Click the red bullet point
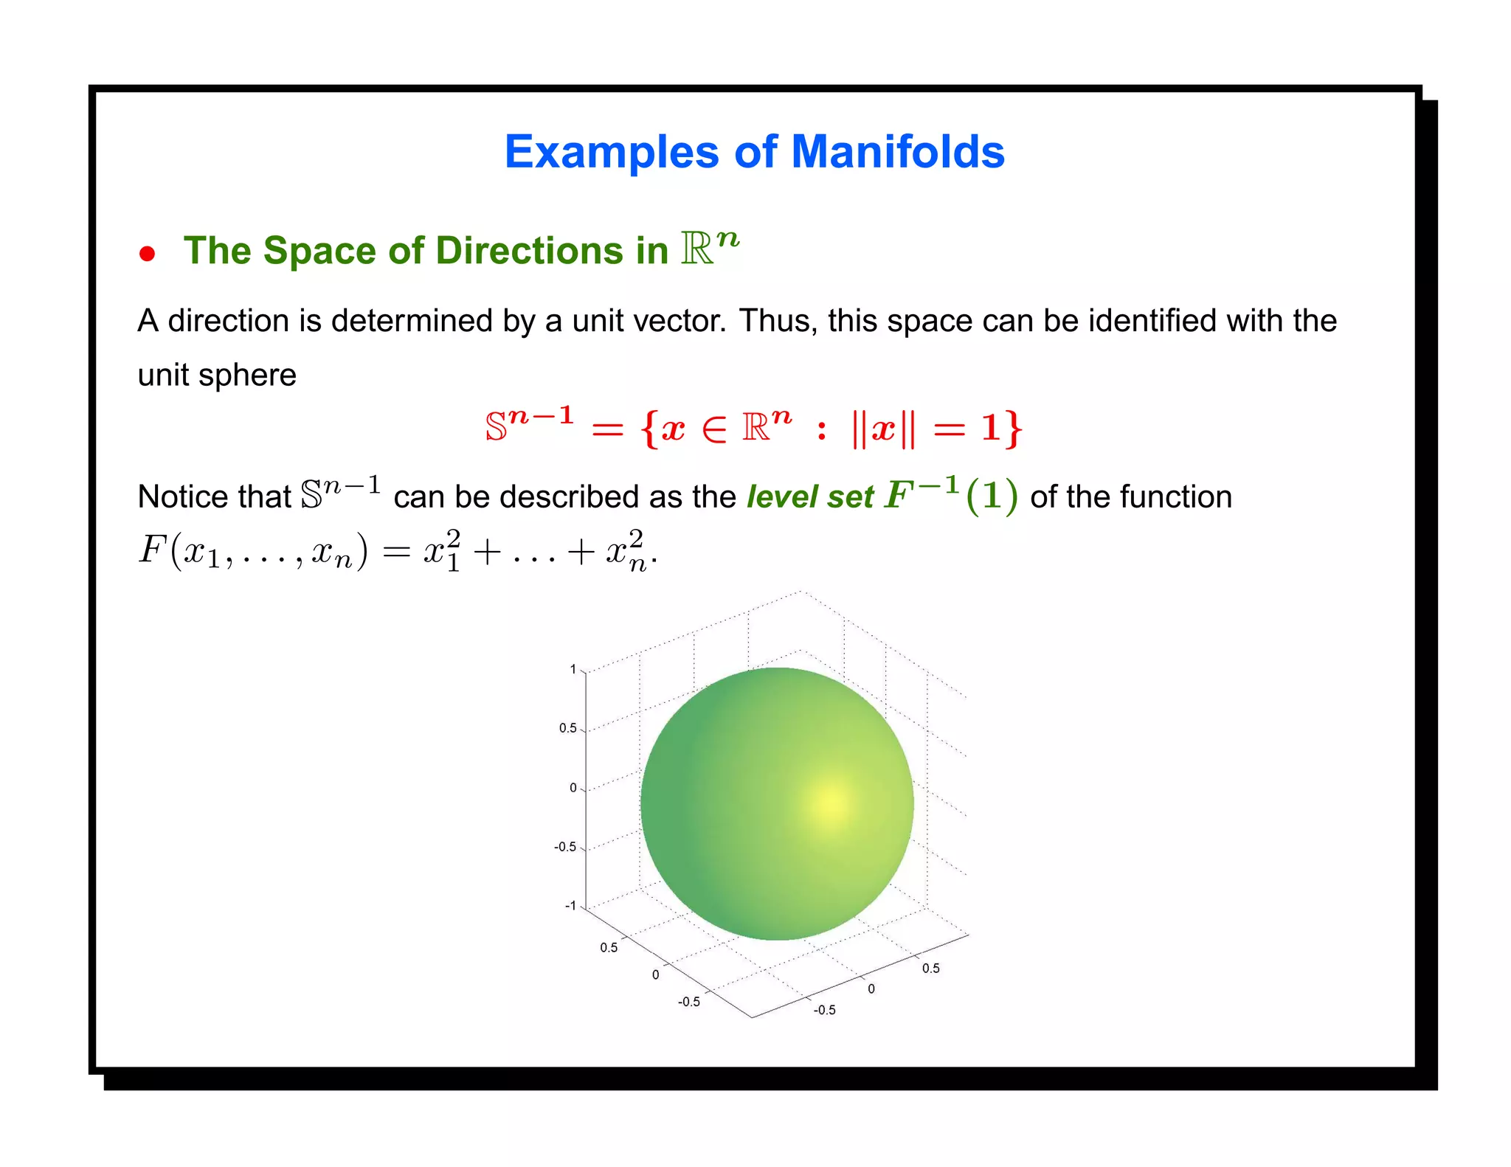pyautogui.click(x=148, y=254)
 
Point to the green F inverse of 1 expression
pyautogui.click(x=952, y=494)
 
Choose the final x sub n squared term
pyautogui.click(x=626, y=550)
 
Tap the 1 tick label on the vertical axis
pyautogui.click(x=573, y=670)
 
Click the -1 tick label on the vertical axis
pyautogui.click(x=570, y=906)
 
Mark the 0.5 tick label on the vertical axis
pyautogui.click(x=567, y=728)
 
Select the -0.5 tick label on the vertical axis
pyautogui.click(x=565, y=847)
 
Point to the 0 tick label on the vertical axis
pyautogui.click(x=573, y=788)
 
